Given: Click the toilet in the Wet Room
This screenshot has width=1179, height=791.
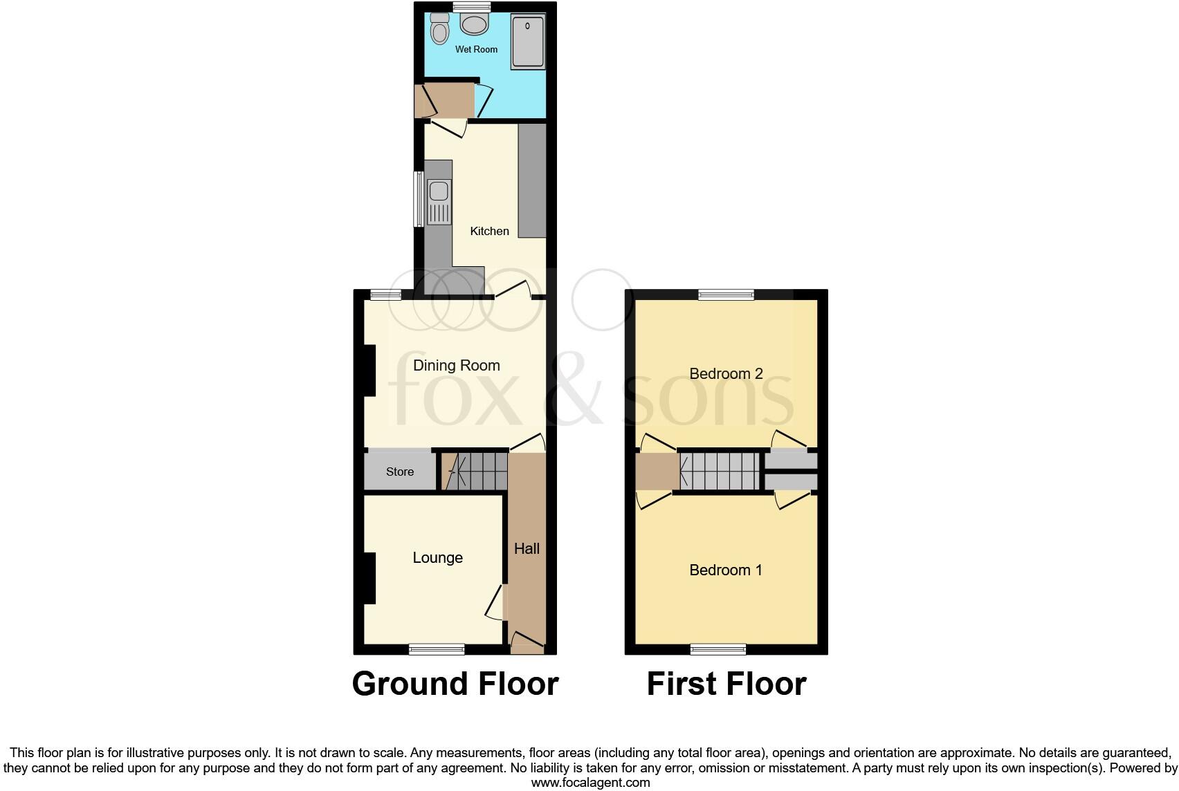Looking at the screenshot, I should coord(439,29).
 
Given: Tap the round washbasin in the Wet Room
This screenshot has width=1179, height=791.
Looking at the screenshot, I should coord(474,25).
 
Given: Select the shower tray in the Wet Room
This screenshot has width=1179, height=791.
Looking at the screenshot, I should coord(528,42).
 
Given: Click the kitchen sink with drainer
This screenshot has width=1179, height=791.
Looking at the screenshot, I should coord(439,202).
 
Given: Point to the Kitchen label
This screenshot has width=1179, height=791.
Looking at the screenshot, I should coord(489,231).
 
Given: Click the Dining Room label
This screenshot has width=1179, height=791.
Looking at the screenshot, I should coord(456,365).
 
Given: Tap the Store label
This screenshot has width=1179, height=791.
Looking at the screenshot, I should coord(400,472).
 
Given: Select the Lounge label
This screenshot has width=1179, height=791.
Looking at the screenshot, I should coord(437,557).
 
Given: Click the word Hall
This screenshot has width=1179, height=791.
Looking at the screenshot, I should coord(527,549).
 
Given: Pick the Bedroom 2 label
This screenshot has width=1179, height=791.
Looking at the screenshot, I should coord(726,374).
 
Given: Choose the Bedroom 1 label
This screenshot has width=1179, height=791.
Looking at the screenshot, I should coord(726,570).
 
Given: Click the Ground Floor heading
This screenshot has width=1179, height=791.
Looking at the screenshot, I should coord(455,684).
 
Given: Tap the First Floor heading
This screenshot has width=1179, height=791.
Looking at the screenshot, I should coord(726,684).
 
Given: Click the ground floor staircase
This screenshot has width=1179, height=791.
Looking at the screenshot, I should coord(477,472).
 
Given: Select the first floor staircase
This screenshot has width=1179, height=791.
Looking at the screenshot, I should coord(720,472).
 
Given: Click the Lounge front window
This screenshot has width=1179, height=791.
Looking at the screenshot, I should coord(437,649).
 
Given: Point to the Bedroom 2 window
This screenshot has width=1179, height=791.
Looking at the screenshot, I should coord(726,295).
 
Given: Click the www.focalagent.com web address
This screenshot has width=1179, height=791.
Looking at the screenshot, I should coord(590,783).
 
